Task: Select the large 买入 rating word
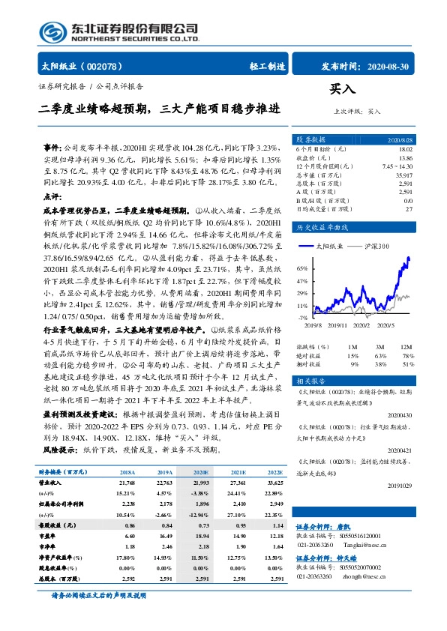point(342,88)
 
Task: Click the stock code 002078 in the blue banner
point(106,67)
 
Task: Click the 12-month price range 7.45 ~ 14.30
point(397,166)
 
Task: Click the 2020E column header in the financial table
point(201,473)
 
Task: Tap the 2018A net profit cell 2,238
point(128,506)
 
